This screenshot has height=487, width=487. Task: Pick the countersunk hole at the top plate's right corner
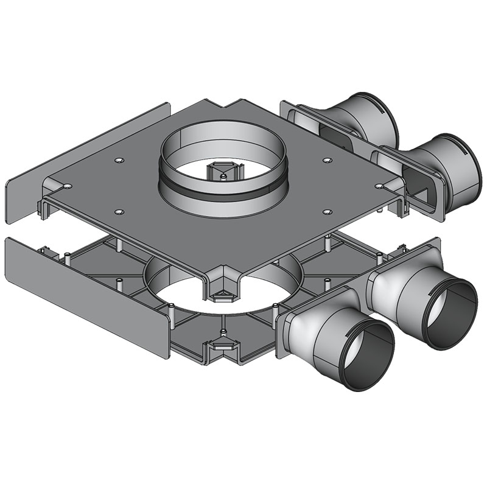pyautogui.click(x=379, y=184)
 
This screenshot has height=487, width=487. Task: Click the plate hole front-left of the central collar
pyautogui.click(x=119, y=211)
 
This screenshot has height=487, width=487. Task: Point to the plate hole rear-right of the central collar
pyautogui.click(x=328, y=160)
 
